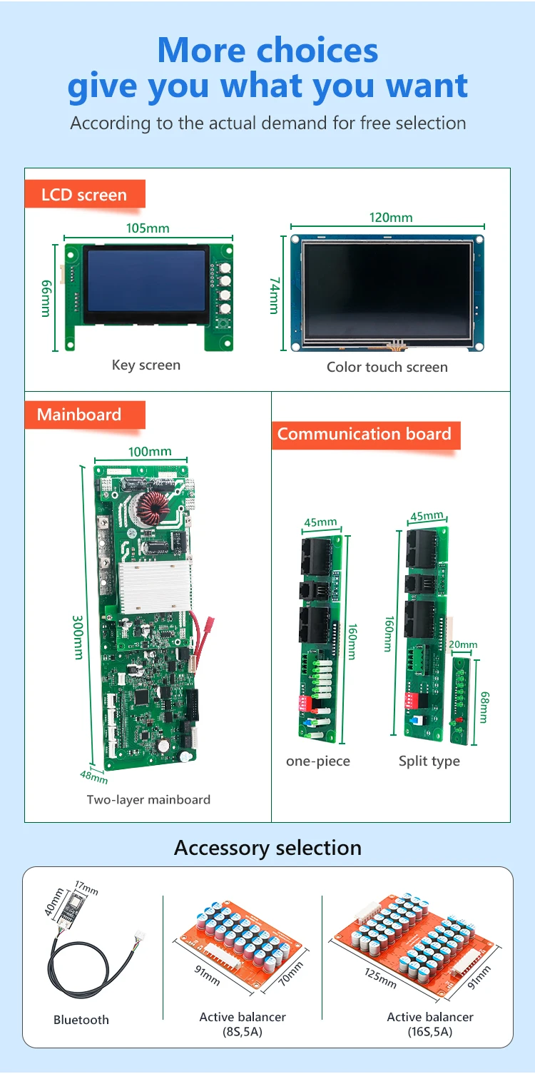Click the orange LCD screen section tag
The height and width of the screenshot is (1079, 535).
(x=84, y=195)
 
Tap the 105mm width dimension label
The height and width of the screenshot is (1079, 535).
(x=148, y=228)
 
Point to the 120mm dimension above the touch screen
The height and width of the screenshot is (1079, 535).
(x=390, y=218)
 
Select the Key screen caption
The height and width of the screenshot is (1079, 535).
(x=146, y=365)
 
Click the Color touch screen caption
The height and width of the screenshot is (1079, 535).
(x=387, y=368)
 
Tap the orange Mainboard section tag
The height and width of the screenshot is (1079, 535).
(x=79, y=415)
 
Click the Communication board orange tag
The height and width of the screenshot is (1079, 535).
(x=365, y=434)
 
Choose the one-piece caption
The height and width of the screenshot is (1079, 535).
(x=318, y=761)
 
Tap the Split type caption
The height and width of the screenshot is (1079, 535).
(x=429, y=761)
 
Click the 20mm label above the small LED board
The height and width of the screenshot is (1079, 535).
(x=463, y=645)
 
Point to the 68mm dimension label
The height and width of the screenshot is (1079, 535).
(x=484, y=706)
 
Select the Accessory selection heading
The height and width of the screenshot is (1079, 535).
(x=267, y=848)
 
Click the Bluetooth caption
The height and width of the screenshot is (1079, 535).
(x=81, y=1020)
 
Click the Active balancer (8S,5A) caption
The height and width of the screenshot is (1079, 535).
(x=243, y=1024)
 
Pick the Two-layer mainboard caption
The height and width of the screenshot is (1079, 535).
(x=148, y=800)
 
